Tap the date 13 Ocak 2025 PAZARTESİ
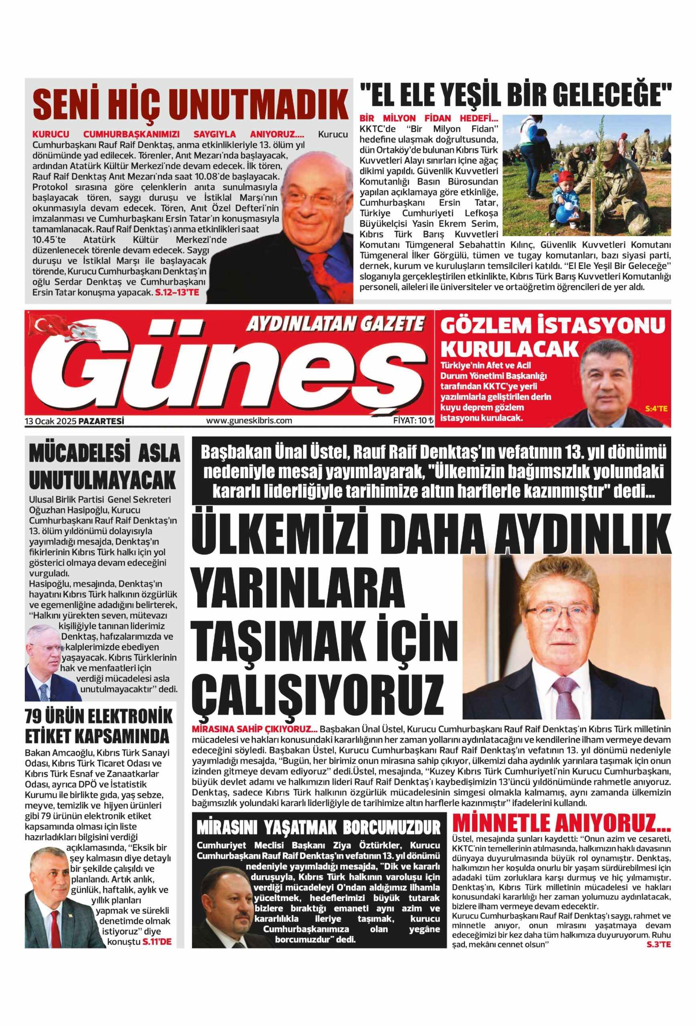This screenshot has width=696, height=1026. click(x=74, y=421)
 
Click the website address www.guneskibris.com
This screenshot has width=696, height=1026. click(x=249, y=421)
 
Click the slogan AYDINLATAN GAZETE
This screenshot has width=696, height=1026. click(x=335, y=325)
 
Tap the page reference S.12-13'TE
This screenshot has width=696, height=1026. click(x=178, y=292)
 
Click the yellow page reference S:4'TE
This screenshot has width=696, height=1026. click(x=656, y=409)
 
